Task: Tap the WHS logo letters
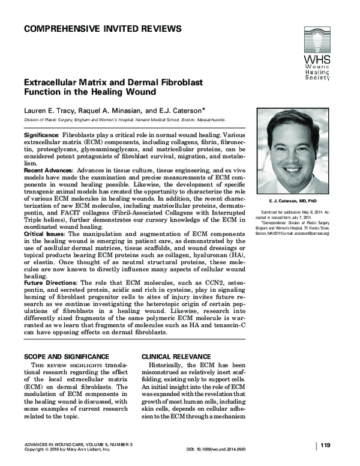(317, 61)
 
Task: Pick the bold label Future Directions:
(50, 282)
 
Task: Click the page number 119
(325, 445)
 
